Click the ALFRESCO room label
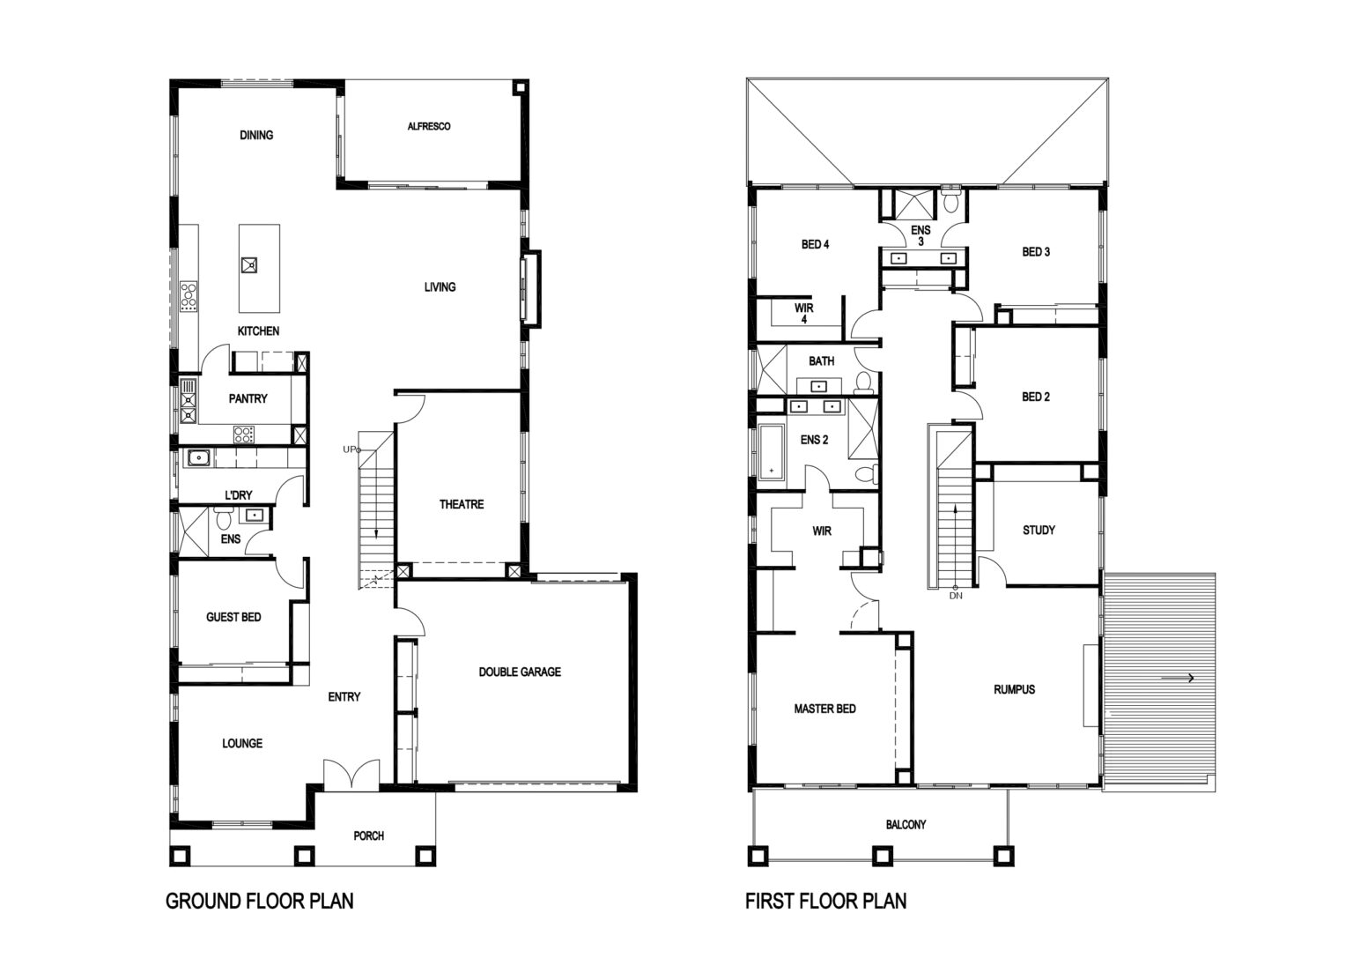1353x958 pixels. point(429,126)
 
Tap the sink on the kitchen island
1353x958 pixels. point(249,264)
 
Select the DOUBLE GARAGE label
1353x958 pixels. point(520,672)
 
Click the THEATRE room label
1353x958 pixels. point(462,504)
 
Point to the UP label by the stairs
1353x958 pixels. point(349,449)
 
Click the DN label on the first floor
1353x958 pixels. point(956,596)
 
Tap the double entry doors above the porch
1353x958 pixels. point(351,775)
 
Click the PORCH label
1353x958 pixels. point(368,835)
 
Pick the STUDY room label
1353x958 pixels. point(1039,530)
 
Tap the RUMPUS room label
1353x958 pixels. point(1014,689)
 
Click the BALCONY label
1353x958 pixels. point(906,824)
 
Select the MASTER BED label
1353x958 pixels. point(824,709)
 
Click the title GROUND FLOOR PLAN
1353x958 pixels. point(259,902)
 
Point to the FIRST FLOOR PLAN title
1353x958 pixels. point(825,902)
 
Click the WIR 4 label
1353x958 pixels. point(804,313)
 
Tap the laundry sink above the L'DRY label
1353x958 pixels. point(197,457)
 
